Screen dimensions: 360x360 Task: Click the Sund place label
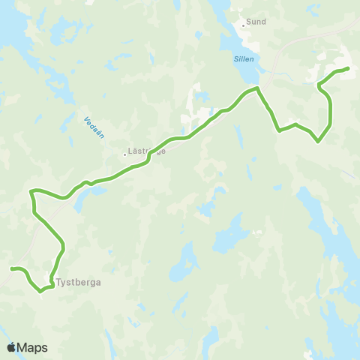[x=256, y=22]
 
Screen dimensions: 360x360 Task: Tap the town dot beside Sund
[x=243, y=22]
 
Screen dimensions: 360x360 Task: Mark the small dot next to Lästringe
[x=125, y=155]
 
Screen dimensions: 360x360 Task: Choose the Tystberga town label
[x=79, y=283]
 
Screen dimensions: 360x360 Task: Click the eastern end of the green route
[x=349, y=69]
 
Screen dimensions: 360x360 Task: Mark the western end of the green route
[x=11, y=268]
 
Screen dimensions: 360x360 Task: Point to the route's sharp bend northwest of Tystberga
[x=31, y=192]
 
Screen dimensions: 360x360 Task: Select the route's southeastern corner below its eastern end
[x=319, y=141]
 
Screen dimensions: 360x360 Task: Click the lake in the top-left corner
[x=11, y=22]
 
